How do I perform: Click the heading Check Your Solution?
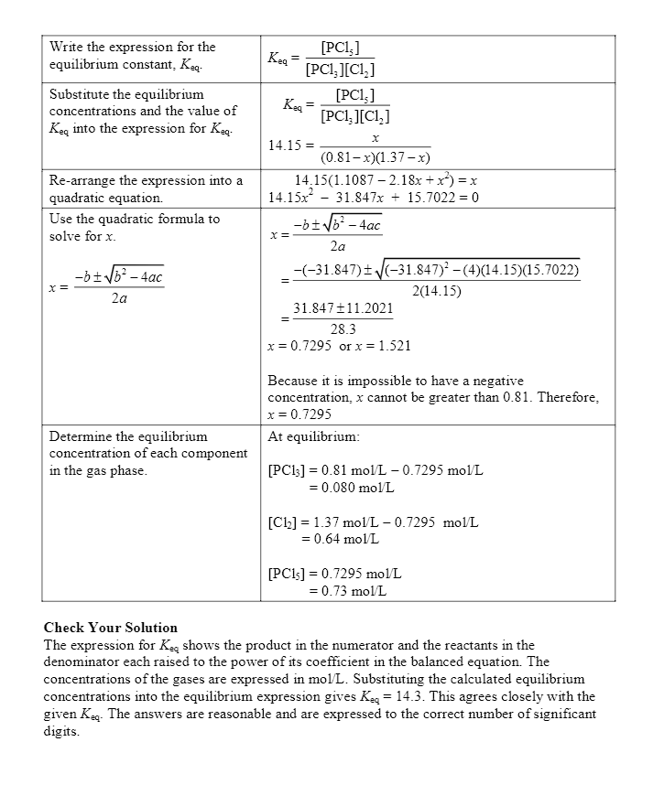[x=111, y=628]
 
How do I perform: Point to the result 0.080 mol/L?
[x=344, y=488]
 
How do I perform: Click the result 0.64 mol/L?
[x=340, y=540]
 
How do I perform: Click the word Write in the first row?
[x=67, y=47]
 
